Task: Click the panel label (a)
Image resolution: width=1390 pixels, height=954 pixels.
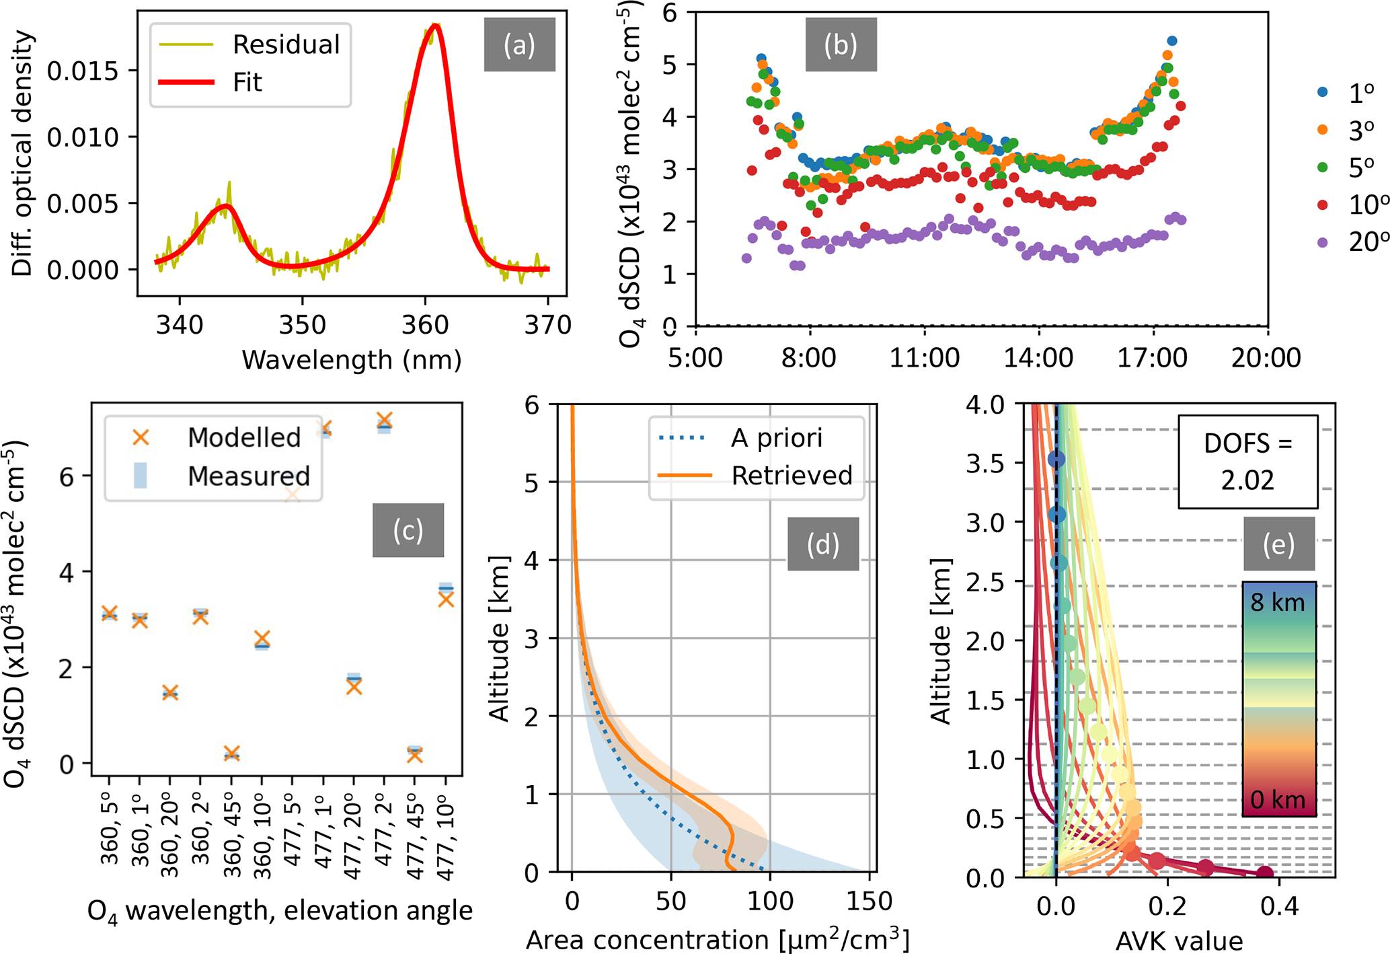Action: coord(519,45)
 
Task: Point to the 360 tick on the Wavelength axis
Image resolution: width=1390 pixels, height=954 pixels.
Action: coord(425,324)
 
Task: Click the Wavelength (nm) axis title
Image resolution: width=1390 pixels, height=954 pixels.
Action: coord(352,360)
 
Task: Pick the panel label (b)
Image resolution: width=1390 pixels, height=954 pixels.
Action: coord(841,45)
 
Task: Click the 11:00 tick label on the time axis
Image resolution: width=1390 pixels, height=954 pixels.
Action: coord(925,357)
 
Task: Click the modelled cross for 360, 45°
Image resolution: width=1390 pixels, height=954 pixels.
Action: coord(231,754)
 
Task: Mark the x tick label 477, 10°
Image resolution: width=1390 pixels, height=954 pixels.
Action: coord(445,841)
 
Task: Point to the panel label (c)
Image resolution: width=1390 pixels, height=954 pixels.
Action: coord(408,530)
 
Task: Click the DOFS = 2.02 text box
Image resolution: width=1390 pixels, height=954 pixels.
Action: coord(1247,462)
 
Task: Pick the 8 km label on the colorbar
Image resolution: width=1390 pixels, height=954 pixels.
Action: coord(1277,603)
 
